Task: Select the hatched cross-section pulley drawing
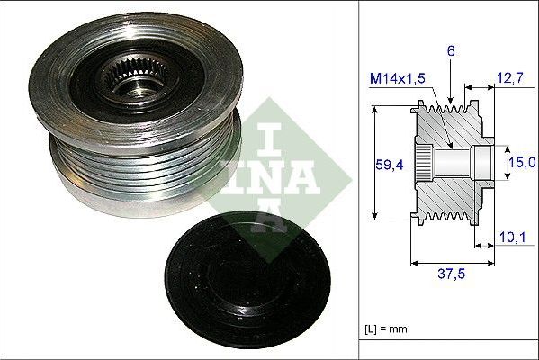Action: (450, 162)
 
